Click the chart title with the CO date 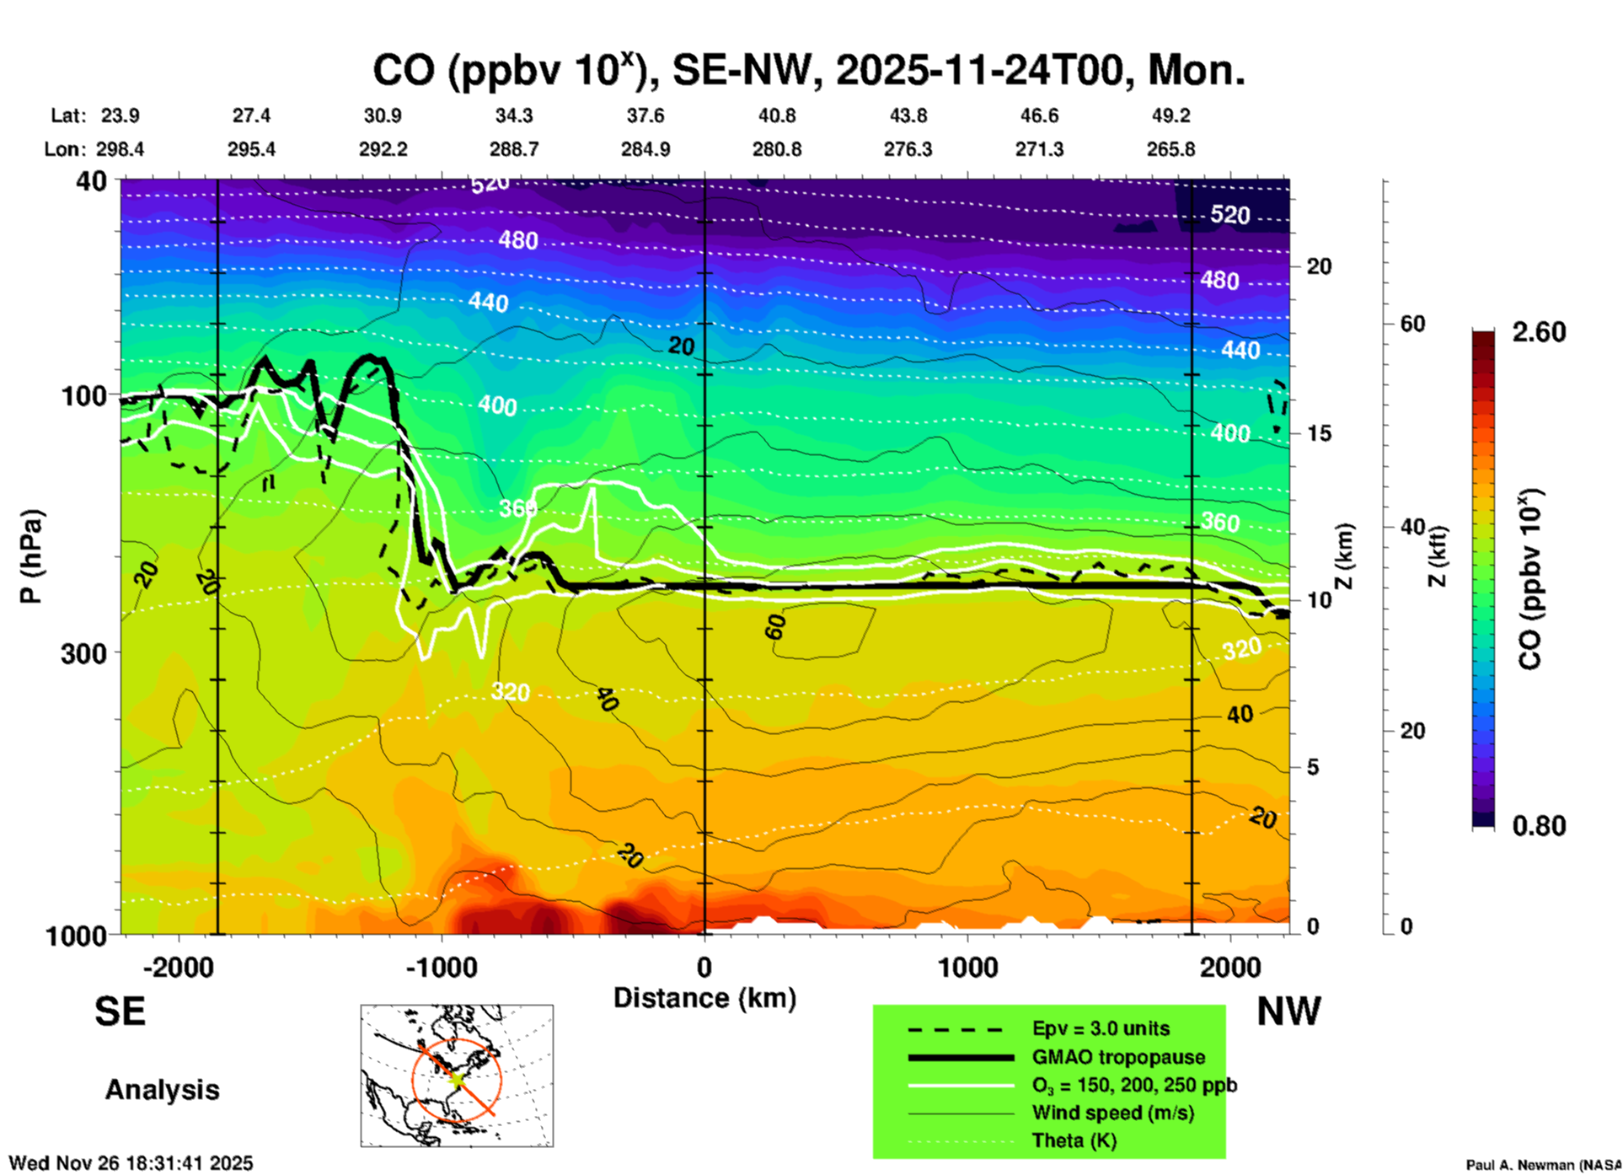coord(808,70)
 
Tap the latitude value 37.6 coord(645,115)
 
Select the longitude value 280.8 coord(776,149)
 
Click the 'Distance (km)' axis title coord(704,998)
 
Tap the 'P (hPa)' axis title coord(30,556)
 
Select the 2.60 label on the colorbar coord(1539,332)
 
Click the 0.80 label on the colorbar coord(1539,826)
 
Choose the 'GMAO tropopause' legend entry coord(1118,1057)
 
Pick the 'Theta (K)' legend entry coord(1074,1140)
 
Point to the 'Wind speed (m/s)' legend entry coord(1112,1113)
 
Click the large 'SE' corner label coord(120,1011)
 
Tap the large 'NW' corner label coord(1288,1011)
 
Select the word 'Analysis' coord(162,1090)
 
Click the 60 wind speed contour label coord(775,626)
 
